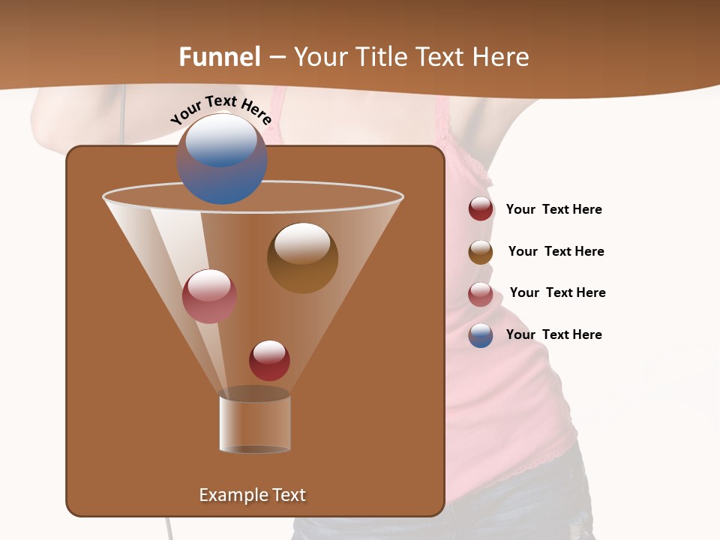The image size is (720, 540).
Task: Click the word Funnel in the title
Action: click(x=220, y=57)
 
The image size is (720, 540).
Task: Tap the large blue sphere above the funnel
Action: click(x=222, y=160)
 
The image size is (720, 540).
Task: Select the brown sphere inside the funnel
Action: click(x=302, y=258)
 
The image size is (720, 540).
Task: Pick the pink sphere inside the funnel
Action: click(x=209, y=296)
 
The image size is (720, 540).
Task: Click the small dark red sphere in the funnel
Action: click(x=269, y=360)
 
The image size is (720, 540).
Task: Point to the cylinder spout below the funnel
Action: click(x=254, y=424)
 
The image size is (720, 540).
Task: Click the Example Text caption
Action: click(x=252, y=495)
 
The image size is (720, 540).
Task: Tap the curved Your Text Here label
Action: click(x=220, y=109)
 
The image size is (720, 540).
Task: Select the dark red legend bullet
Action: click(x=481, y=209)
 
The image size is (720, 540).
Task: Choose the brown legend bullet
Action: click(x=481, y=252)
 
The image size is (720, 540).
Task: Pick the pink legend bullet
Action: click(x=481, y=294)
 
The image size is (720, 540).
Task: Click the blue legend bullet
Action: click(x=481, y=335)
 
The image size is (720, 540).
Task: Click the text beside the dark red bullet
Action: click(x=553, y=210)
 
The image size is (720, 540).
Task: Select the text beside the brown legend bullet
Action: click(x=556, y=252)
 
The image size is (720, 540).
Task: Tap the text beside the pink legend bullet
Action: click(x=557, y=293)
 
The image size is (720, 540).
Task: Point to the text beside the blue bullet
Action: click(x=553, y=335)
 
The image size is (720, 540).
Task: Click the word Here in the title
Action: click(x=502, y=57)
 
